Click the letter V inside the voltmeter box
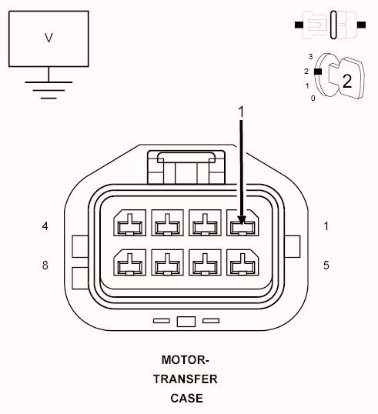coord(49,38)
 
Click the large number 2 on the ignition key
coord(346,81)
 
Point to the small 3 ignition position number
coord(309,57)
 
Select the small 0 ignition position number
coord(312,98)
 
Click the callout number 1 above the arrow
coord(241,112)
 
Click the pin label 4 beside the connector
coord(45,226)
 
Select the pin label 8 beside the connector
coord(45,265)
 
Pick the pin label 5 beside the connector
coord(326,265)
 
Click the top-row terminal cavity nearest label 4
coord(128,225)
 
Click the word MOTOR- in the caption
coord(185,359)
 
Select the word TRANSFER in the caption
coord(185,379)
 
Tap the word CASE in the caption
coord(186,398)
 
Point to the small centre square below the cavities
coord(186,321)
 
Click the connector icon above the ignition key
coord(329,25)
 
